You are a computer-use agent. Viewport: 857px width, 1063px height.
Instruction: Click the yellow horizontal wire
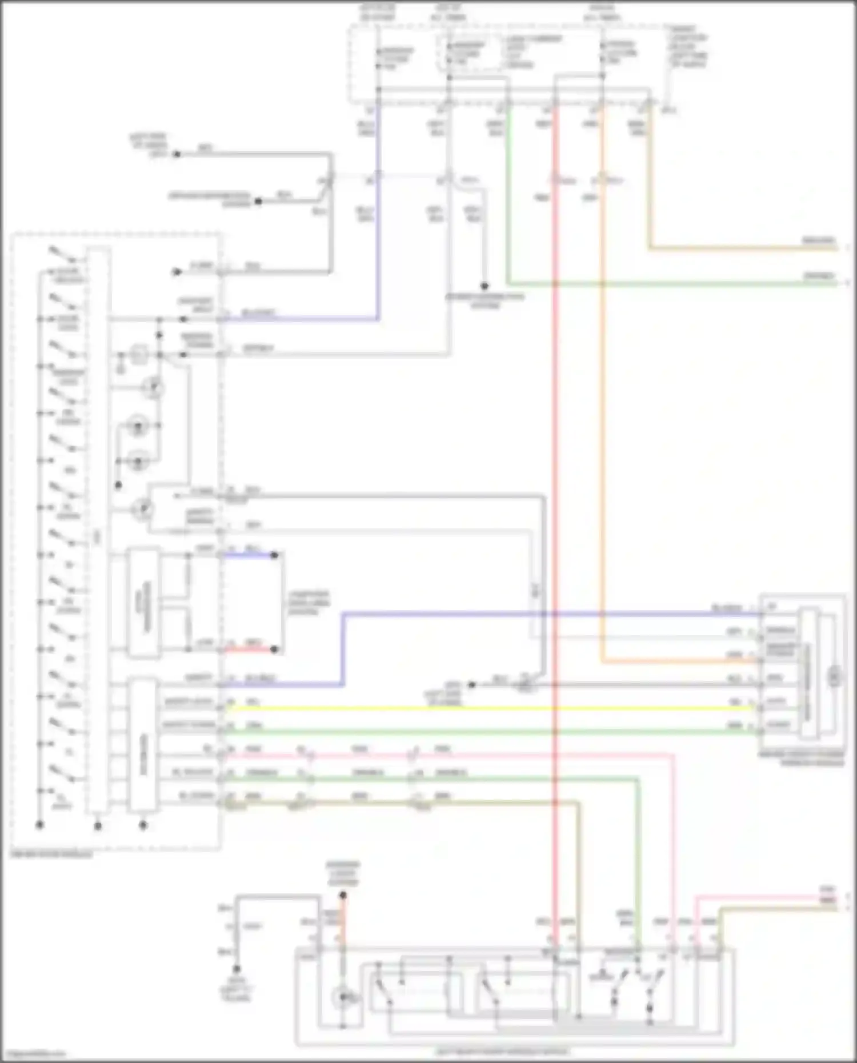486,708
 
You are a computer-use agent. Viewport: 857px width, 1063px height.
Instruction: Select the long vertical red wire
555,457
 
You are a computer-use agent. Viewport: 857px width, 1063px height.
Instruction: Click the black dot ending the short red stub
274,649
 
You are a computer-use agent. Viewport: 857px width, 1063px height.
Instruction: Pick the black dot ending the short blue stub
274,555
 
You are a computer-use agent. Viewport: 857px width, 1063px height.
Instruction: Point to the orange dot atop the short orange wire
343,895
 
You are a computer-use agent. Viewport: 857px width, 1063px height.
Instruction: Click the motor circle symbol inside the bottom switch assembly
343,997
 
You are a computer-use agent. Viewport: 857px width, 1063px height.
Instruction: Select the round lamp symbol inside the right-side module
835,677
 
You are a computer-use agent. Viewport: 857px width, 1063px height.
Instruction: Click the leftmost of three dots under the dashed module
39,825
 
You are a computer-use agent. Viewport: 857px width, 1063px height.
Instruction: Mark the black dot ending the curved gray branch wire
484,286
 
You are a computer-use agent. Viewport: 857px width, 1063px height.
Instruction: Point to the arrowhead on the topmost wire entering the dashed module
177,272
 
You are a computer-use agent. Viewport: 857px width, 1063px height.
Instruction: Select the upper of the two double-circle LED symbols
138,426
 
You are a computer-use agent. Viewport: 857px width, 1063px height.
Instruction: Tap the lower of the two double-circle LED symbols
138,462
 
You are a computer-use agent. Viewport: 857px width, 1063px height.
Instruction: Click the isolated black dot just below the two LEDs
118,486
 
